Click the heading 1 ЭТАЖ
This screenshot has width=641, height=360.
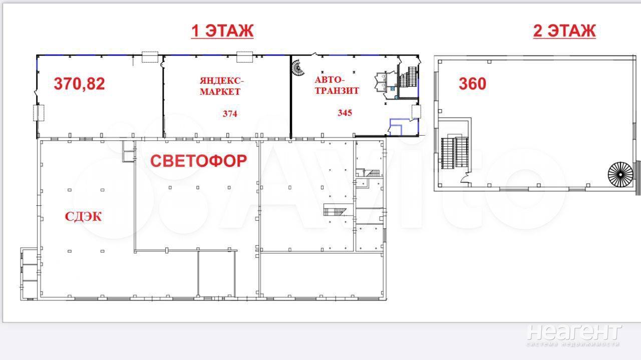pyautogui.click(x=222, y=31)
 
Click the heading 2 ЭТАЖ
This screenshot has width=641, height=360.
pyautogui.click(x=564, y=31)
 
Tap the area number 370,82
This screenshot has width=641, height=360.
pyautogui.click(x=79, y=84)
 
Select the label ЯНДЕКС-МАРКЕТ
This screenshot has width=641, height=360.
pyautogui.click(x=221, y=86)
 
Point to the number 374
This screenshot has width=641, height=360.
pyautogui.click(x=230, y=114)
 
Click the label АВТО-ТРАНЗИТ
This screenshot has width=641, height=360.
pyautogui.click(x=337, y=85)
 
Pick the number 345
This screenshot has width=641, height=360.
pyautogui.click(x=345, y=113)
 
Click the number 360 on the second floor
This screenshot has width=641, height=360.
pyautogui.click(x=472, y=84)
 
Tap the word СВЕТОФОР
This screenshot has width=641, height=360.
pyautogui.click(x=199, y=161)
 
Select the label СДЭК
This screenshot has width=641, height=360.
pyautogui.click(x=83, y=217)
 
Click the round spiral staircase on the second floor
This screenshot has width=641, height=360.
pyautogui.click(x=620, y=174)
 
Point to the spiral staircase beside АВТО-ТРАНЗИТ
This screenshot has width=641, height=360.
pyautogui.click(x=298, y=68)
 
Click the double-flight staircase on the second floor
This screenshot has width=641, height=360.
pyautogui.click(x=454, y=153)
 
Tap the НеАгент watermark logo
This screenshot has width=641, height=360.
pyautogui.click(x=574, y=335)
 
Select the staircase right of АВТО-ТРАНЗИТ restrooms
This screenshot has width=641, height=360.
pyautogui.click(x=408, y=77)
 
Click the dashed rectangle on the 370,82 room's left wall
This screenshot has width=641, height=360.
pyautogui.click(x=39, y=113)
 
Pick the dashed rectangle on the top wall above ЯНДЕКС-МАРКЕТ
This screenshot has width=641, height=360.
pyautogui.click(x=245, y=57)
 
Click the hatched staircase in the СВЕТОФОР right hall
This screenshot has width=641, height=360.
pyautogui.click(x=335, y=211)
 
